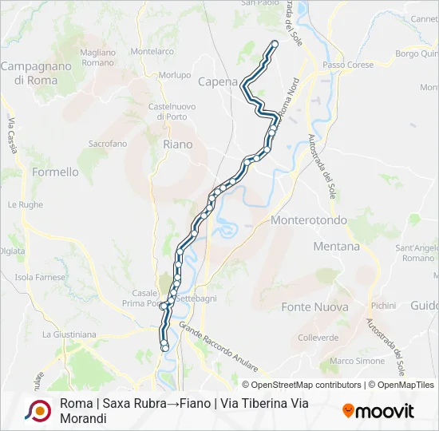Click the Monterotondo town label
[x=307, y=219]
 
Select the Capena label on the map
[x=218, y=81]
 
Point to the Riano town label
[x=177, y=144]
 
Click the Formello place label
[x=55, y=172]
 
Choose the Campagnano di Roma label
[x=40, y=73]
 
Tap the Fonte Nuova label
[x=314, y=306]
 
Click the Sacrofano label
[x=108, y=144]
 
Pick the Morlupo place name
[x=175, y=75]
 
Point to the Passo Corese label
[x=345, y=65]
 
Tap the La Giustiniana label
[x=69, y=334]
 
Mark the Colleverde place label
[x=318, y=338]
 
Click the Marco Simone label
[x=357, y=361]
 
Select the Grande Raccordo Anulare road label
[x=219, y=347]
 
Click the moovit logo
[x=378, y=411]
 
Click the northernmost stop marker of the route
[x=275, y=43]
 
